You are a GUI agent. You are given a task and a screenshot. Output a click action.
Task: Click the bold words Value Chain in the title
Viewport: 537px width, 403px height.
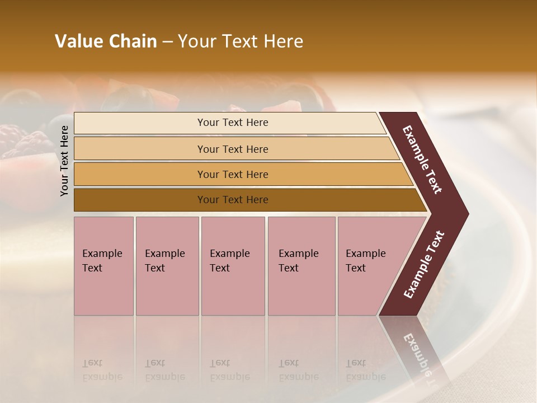tap(106, 41)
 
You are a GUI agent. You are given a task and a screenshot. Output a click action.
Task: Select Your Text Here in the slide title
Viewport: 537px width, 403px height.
tap(241, 41)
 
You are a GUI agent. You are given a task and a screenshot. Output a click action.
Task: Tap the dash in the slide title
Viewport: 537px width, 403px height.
tap(167, 41)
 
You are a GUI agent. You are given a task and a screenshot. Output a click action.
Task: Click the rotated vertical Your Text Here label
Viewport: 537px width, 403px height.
tap(64, 161)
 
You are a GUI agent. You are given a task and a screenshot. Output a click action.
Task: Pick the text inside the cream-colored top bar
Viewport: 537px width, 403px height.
tap(233, 123)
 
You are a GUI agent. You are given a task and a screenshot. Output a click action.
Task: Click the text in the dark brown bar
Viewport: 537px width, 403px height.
tap(233, 200)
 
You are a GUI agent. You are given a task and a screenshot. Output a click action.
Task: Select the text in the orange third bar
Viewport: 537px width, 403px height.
tap(233, 175)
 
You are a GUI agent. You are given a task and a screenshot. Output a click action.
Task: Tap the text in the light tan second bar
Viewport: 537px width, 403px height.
tap(233, 149)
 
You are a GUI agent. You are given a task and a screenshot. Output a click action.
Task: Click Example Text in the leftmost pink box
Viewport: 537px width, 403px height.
tap(102, 261)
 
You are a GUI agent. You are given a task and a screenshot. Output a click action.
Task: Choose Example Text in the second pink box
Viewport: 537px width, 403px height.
tap(164, 261)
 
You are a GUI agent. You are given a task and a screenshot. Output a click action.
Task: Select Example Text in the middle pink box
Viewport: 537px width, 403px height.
tap(229, 261)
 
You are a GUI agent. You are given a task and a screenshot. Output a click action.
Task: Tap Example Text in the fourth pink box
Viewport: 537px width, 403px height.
tap(298, 261)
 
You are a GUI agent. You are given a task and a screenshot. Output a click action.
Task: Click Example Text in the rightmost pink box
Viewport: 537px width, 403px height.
tap(365, 261)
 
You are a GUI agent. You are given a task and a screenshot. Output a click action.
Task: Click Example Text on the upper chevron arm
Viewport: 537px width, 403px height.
tap(422, 160)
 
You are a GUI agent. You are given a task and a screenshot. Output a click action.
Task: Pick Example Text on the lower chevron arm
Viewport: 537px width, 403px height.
tap(424, 265)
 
